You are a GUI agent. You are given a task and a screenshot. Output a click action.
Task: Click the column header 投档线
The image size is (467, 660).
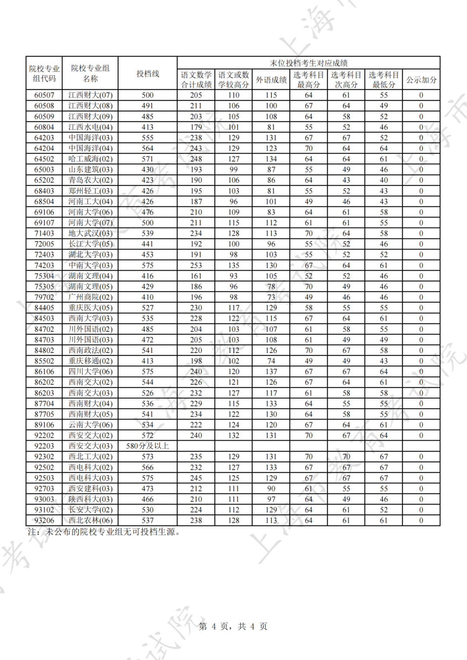click(147, 74)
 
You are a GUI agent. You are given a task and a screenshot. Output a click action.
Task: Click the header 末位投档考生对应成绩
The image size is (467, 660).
click(308, 63)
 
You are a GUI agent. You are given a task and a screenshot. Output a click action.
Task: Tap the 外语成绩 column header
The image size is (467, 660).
click(271, 80)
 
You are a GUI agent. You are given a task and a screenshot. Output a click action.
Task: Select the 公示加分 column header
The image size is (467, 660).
click(421, 80)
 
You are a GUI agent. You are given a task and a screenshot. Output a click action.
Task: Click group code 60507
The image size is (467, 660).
click(44, 95)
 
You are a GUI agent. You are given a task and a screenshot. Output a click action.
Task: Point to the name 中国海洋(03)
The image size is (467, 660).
click(90, 138)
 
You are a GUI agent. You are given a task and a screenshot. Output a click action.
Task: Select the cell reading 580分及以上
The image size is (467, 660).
click(147, 446)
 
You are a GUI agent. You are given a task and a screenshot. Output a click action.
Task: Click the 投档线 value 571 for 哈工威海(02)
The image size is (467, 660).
click(147, 159)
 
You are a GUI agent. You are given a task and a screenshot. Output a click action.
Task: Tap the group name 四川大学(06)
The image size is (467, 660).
click(90, 372)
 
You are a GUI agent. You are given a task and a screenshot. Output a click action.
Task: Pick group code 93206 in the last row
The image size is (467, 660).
click(44, 520)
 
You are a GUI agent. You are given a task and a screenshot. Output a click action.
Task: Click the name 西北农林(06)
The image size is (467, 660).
click(90, 520)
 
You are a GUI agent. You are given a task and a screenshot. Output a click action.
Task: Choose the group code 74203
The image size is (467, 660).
click(44, 265)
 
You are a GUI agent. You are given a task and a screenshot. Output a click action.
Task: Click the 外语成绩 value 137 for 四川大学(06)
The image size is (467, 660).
click(271, 372)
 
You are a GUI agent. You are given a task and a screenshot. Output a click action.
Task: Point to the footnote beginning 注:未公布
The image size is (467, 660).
click(104, 532)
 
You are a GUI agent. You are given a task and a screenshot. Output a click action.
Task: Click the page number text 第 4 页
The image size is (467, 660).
click(233, 626)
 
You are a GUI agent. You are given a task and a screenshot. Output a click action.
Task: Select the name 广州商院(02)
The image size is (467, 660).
click(90, 297)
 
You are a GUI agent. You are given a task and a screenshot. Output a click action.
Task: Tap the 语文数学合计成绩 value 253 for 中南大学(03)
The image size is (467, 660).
click(196, 265)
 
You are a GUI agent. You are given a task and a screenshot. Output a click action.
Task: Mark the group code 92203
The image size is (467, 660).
click(44, 446)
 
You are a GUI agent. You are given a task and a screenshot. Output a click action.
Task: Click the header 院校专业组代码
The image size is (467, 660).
click(44, 74)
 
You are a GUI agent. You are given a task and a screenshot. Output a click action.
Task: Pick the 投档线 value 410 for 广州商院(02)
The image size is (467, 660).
click(147, 297)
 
